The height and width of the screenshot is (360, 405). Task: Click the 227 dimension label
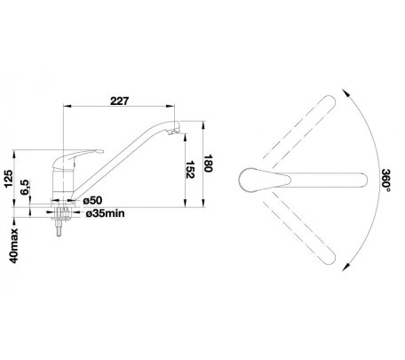coord(120,100)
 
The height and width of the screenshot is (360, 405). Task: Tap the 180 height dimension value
coord(209,164)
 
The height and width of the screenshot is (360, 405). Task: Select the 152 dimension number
coord(190,170)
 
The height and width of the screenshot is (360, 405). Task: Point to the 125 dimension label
coord(9,179)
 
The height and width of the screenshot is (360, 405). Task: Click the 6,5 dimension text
coord(26,188)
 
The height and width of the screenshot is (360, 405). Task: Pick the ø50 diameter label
coord(92,201)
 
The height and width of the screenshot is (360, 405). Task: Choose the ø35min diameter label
coord(106,213)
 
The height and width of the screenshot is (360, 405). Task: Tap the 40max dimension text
coord(13,246)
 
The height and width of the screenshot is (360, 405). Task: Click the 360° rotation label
coord(386,180)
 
